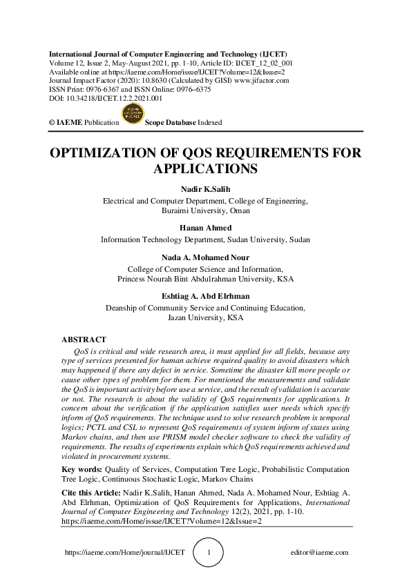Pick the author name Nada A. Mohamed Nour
point(205,258)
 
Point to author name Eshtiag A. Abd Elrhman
point(205,297)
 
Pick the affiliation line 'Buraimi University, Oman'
point(205,210)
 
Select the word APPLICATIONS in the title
point(205,169)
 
